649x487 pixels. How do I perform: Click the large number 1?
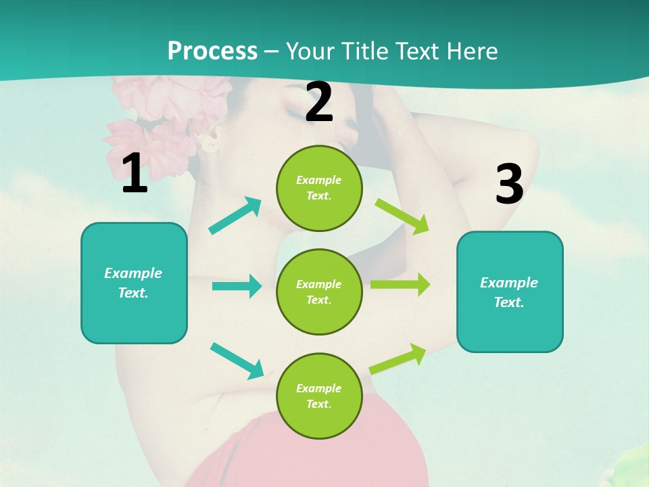point(135,174)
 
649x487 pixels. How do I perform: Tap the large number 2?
point(319,103)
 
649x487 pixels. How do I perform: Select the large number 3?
point(509,184)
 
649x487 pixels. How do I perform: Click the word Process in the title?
point(212,51)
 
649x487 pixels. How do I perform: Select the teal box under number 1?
point(134,283)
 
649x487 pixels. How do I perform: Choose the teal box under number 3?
point(510,292)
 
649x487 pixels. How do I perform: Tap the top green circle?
point(319,188)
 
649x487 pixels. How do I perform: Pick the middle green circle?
point(319,292)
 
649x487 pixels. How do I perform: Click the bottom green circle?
point(319,396)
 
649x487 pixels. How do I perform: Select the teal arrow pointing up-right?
point(235,216)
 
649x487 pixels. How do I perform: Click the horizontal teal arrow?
point(237,286)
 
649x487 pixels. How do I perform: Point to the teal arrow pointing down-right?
point(237,361)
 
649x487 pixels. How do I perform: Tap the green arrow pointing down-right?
point(402,216)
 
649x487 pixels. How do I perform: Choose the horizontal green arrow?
point(400,284)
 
